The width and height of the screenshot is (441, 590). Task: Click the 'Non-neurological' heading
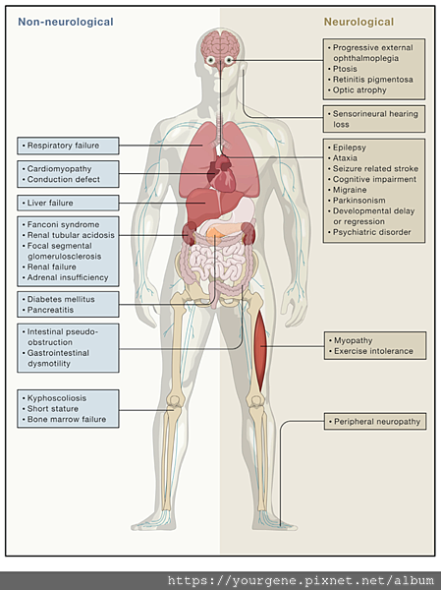66,22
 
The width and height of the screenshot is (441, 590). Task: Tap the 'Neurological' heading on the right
359,22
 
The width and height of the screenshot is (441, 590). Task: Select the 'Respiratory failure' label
63,146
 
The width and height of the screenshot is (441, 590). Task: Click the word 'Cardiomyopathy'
59,169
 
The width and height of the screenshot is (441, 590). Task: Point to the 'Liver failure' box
68,203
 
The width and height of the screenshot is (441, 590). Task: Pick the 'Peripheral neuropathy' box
375,422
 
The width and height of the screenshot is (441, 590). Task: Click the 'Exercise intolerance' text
373,351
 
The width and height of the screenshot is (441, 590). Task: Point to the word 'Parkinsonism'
359,201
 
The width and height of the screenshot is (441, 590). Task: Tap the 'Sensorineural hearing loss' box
374,119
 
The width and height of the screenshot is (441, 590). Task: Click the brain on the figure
220,46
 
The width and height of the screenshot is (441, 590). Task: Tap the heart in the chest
222,174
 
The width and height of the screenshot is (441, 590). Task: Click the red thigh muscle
260,350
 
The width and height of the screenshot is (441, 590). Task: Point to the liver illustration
208,206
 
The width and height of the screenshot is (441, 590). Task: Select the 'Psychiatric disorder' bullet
372,232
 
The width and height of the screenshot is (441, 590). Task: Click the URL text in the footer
301,580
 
